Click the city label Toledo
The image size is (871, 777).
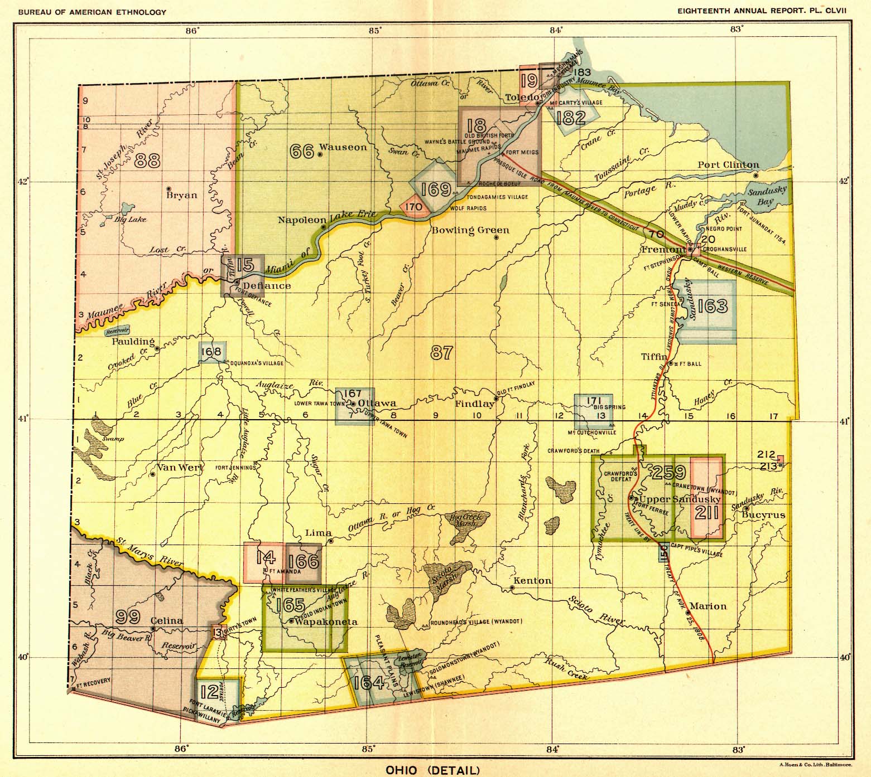(x=521, y=98)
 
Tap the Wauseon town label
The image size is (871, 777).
(x=343, y=148)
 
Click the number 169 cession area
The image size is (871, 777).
(x=436, y=189)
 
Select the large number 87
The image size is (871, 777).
(x=441, y=352)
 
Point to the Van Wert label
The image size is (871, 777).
(x=179, y=467)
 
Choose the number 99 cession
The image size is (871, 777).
(x=127, y=616)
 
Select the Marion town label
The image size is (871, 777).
(x=708, y=606)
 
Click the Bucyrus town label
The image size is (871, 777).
(x=763, y=515)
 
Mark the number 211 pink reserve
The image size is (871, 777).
(x=707, y=512)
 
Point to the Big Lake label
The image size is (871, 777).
(x=130, y=219)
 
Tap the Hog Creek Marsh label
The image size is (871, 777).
(x=462, y=521)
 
